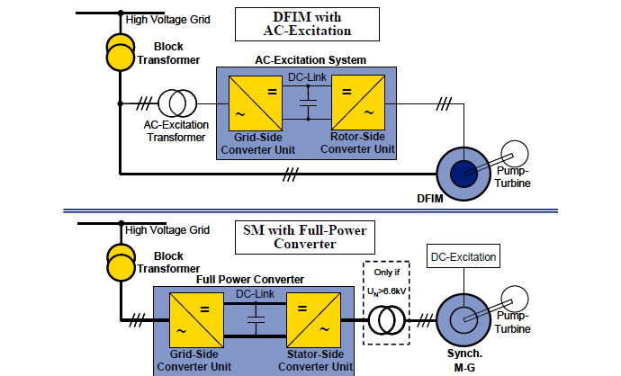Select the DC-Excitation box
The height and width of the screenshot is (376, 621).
(x=463, y=258)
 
